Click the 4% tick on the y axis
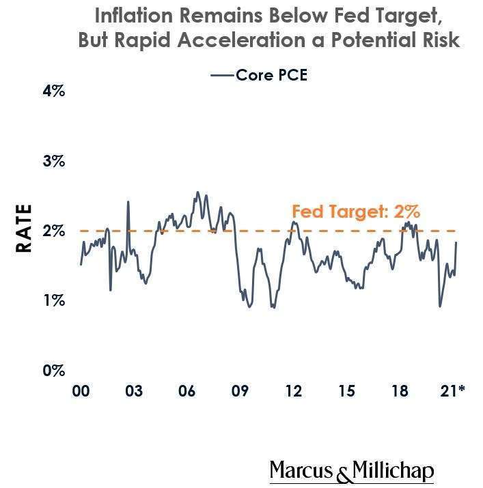(53, 90)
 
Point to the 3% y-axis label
(53, 161)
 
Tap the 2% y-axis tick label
(53, 231)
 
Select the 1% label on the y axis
(53, 301)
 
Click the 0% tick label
(53, 371)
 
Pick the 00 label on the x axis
(81, 391)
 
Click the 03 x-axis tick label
(134, 391)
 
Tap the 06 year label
(187, 391)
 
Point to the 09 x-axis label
(240, 391)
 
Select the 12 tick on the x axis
(293, 391)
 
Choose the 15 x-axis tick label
(346, 391)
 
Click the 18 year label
(400, 391)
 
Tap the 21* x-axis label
(452, 391)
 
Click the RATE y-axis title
(25, 229)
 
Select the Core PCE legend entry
(260, 75)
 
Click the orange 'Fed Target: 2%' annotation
(355, 212)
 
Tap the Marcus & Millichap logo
(351, 471)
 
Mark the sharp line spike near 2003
(128, 202)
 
